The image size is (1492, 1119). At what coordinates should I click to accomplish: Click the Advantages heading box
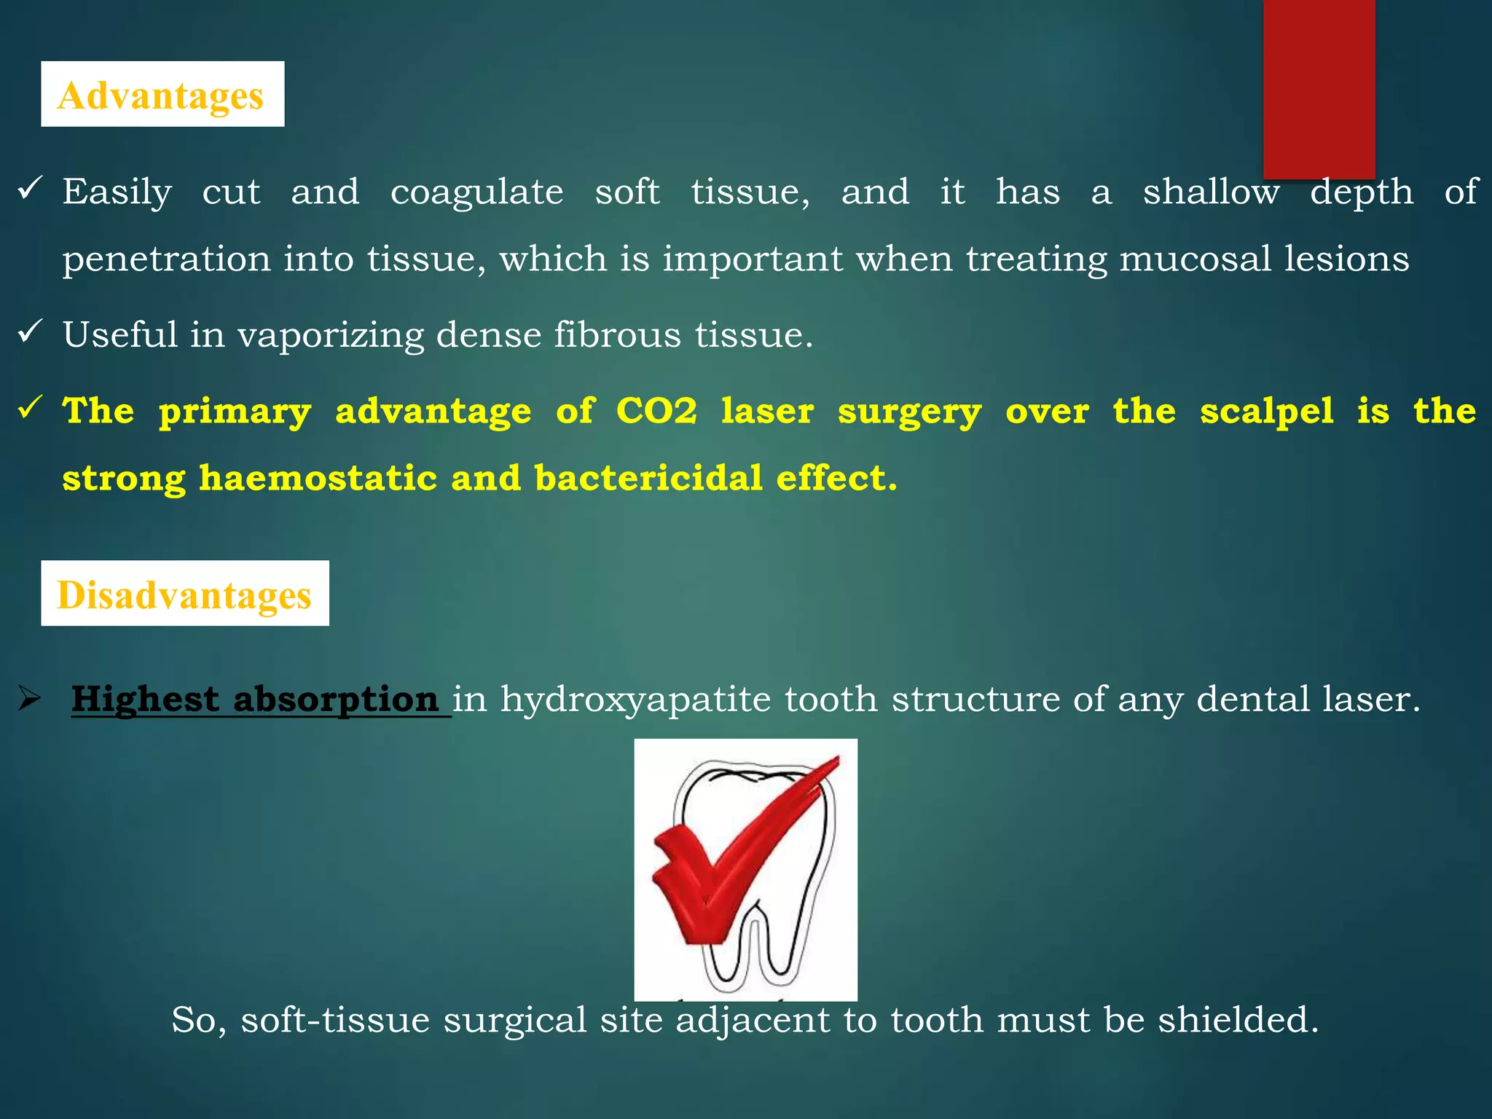[x=162, y=94]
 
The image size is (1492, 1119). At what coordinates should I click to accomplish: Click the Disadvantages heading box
[x=185, y=593]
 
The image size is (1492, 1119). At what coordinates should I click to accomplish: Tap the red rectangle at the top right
[x=1319, y=87]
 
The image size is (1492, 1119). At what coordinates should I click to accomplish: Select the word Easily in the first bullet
[x=117, y=192]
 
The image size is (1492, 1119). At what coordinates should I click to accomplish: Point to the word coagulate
[x=476, y=192]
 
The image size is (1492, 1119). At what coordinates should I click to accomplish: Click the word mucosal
[x=1195, y=259]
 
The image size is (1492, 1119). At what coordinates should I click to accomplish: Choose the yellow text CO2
[x=656, y=410]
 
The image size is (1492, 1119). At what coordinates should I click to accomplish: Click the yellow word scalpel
[x=1267, y=410]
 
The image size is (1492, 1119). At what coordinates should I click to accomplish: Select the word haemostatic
[x=318, y=478]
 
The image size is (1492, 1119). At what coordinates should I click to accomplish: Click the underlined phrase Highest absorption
[x=255, y=699]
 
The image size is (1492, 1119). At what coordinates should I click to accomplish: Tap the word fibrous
[x=618, y=335]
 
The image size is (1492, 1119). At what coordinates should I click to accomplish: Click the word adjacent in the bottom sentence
[x=753, y=1019]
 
